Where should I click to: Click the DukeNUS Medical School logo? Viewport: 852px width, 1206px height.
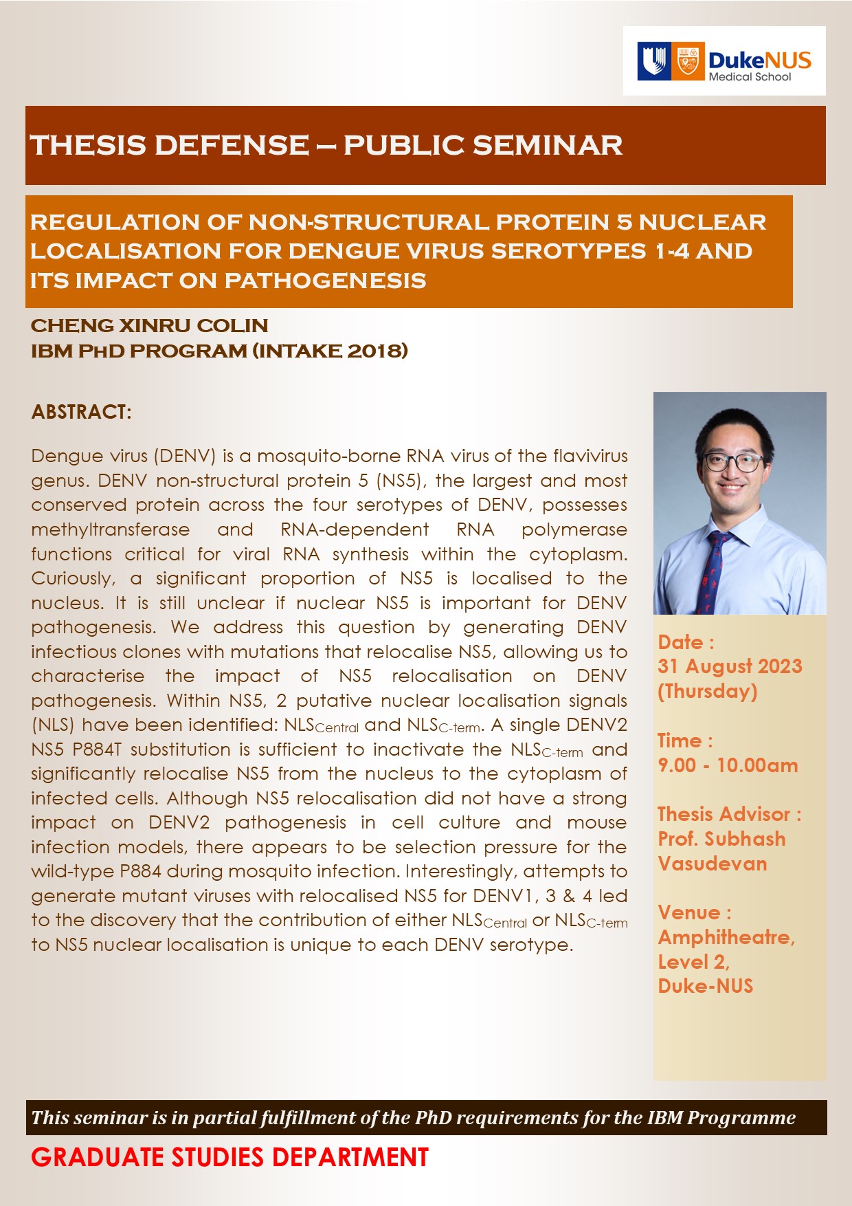click(x=724, y=61)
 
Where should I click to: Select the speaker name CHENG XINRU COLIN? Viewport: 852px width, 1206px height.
click(x=149, y=325)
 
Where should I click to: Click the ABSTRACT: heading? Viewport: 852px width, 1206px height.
click(x=81, y=412)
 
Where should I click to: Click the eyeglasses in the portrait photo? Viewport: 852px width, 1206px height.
click(x=734, y=462)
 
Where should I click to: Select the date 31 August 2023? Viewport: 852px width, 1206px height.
click(x=730, y=666)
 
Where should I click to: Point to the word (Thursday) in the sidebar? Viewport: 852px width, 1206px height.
click(x=707, y=690)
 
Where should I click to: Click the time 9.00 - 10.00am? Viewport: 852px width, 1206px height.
click(x=728, y=765)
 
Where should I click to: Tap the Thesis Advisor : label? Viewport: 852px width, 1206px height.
click(x=729, y=814)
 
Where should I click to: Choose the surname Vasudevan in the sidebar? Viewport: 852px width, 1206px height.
click(x=712, y=863)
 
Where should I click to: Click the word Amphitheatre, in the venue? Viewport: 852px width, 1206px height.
click(x=726, y=936)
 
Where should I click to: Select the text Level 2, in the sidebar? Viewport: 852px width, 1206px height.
click(x=693, y=961)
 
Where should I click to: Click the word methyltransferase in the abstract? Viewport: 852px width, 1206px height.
click(x=110, y=529)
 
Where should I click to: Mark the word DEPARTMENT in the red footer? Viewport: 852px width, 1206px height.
click(x=350, y=1157)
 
